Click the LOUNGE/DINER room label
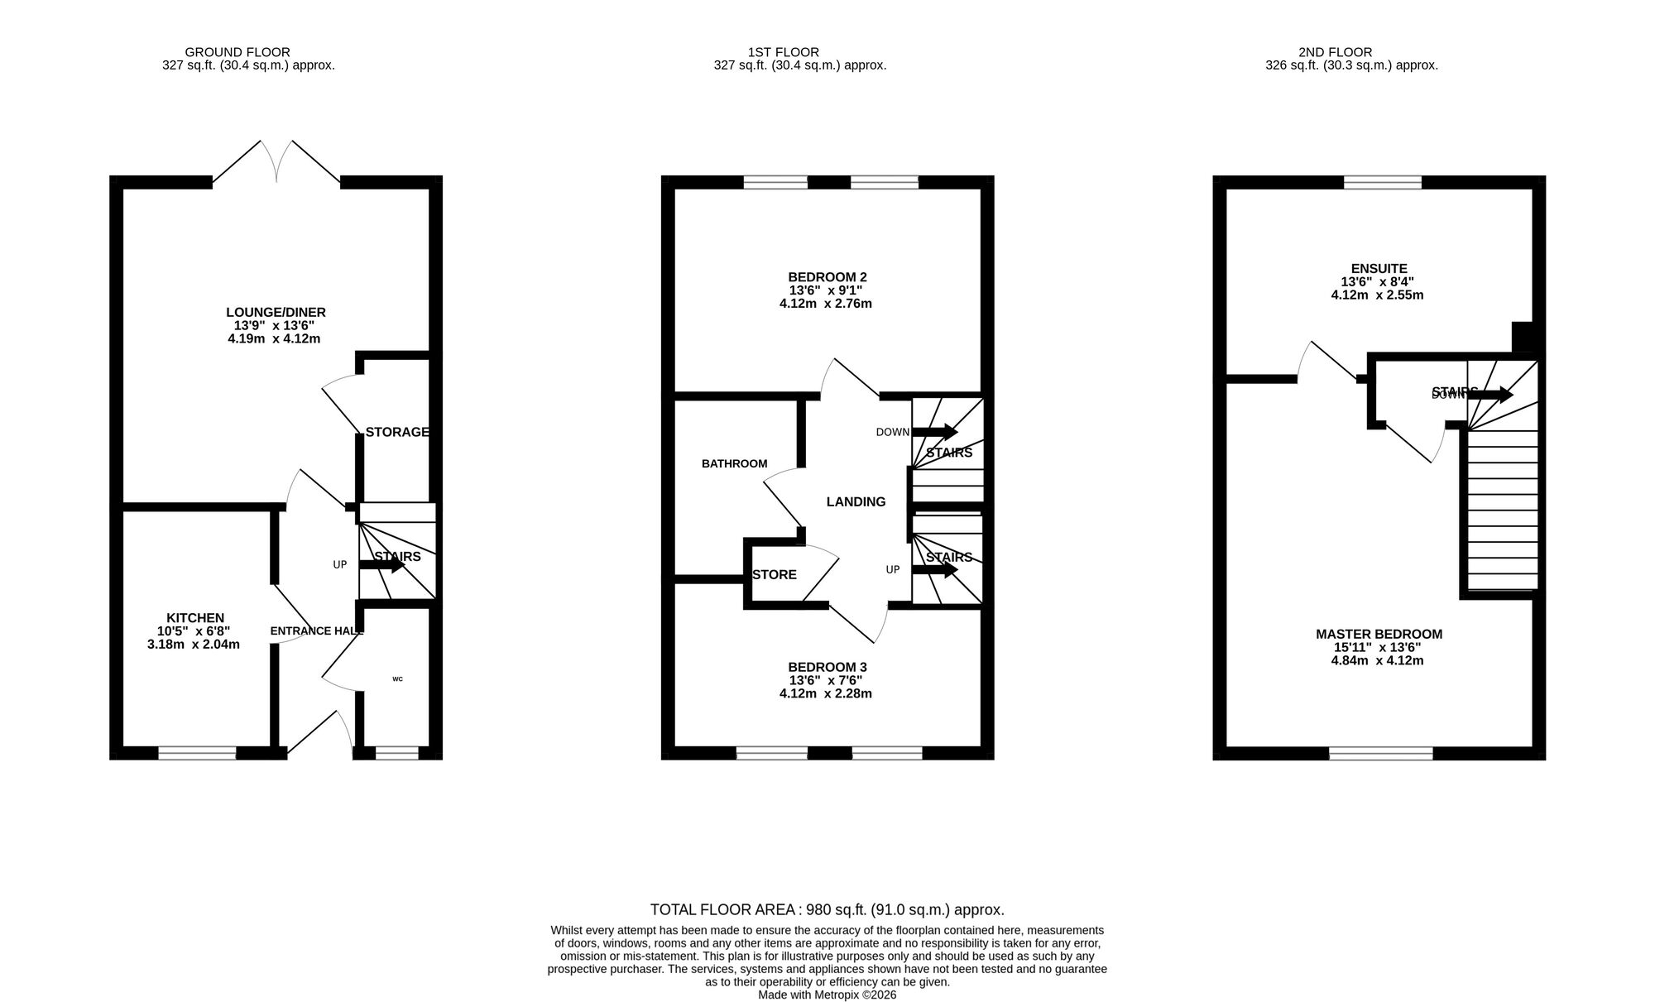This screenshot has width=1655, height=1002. [x=276, y=312]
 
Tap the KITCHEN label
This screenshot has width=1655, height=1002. [x=195, y=618]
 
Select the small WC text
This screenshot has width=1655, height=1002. [x=397, y=679]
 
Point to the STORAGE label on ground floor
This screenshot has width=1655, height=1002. [x=397, y=432]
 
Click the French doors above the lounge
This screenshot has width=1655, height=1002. [x=276, y=162]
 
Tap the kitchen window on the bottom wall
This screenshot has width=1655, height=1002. [x=197, y=753]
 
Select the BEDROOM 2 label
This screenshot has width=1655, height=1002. [x=827, y=277]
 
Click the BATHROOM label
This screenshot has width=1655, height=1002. [x=734, y=464]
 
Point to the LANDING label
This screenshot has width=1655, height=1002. [x=856, y=501]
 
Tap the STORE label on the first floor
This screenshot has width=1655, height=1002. [x=774, y=574]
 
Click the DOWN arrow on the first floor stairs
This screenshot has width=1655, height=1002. [x=934, y=432]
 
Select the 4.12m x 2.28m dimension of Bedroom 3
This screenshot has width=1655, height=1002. [x=825, y=693]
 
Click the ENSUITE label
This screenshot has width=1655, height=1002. [x=1379, y=269]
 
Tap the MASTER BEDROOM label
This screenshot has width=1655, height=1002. [x=1379, y=635]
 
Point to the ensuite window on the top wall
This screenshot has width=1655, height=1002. [x=1382, y=182]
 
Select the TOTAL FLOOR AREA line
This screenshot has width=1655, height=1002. [x=827, y=910]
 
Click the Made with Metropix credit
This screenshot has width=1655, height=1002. [x=827, y=995]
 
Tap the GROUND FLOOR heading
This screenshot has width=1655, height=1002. [x=237, y=52]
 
